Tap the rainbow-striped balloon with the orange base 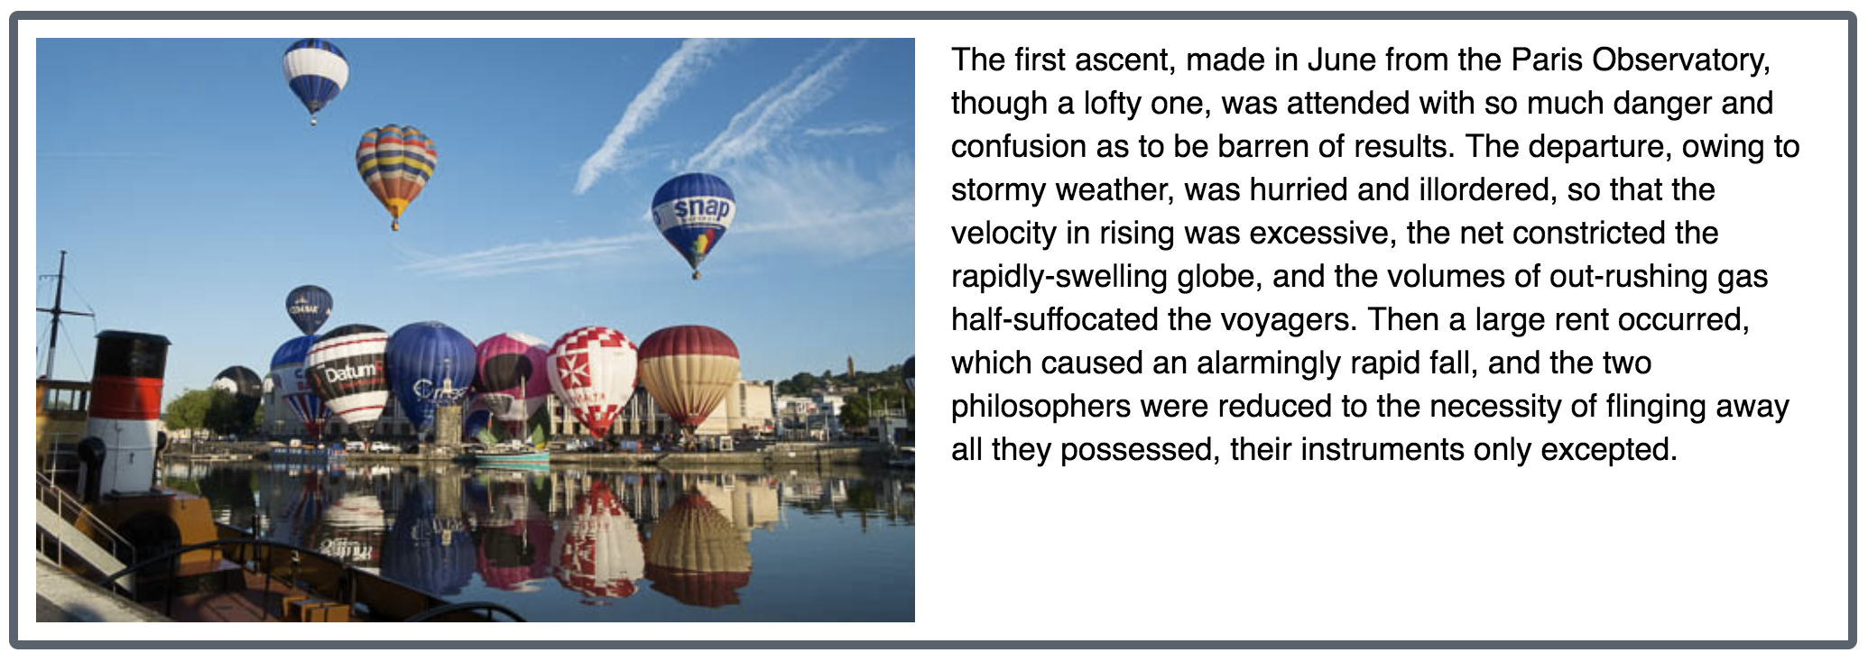pyautogui.click(x=396, y=171)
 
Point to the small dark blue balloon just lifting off pyautogui.click(x=309, y=308)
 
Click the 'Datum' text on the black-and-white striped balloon pyautogui.click(x=343, y=372)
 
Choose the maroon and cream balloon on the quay pyautogui.click(x=689, y=375)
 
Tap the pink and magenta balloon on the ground pyautogui.click(x=512, y=374)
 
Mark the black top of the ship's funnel pyautogui.click(x=132, y=342)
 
